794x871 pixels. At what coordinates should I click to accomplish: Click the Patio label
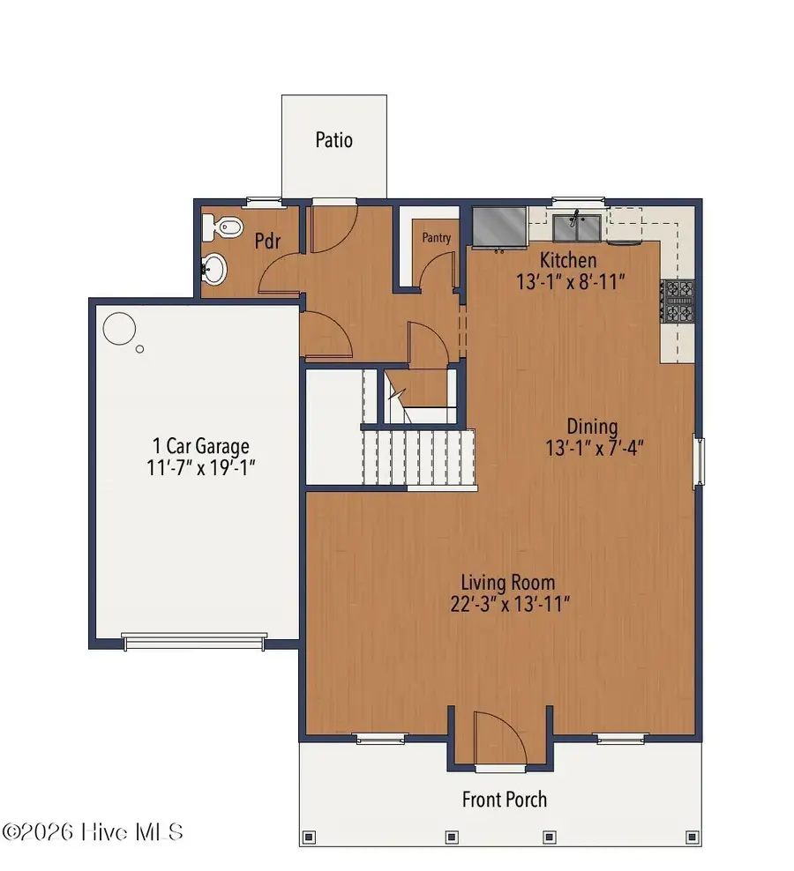coord(333,140)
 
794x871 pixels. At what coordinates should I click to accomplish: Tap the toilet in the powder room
coord(223,228)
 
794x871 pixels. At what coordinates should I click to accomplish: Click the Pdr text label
coord(268,241)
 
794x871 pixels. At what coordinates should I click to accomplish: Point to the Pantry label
coord(436,238)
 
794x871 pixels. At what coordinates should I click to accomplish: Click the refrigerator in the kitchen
coord(498,227)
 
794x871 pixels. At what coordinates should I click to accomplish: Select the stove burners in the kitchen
coord(678,302)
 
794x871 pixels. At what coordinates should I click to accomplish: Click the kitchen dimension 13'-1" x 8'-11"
coord(571,282)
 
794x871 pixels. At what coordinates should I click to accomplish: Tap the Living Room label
coord(508,582)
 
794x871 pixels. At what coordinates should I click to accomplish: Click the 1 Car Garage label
coord(198,446)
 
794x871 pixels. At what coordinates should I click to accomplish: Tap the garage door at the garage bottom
coord(194,642)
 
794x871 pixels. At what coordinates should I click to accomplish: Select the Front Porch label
coord(505,800)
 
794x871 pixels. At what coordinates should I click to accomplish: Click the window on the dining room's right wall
coord(699,462)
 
